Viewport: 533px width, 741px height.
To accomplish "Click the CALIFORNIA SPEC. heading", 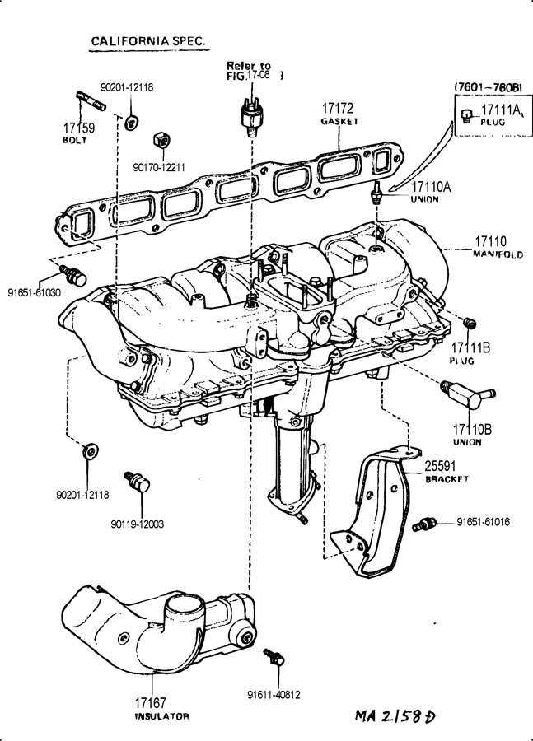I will coord(148,40).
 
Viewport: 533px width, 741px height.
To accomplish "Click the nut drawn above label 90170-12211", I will coord(163,141).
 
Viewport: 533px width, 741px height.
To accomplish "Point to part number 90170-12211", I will coord(159,168).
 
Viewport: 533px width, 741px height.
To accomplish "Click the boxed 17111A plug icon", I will coord(467,114).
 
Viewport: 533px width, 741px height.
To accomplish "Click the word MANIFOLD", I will coord(498,254).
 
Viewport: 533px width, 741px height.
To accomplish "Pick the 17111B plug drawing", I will coord(470,322).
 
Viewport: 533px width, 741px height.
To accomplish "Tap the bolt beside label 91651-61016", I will coord(426,522).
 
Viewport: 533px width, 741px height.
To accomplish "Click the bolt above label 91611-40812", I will coord(274,659).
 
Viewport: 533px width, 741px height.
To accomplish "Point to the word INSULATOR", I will coord(161,716).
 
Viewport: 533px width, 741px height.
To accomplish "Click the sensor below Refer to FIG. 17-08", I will coord(250,114).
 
